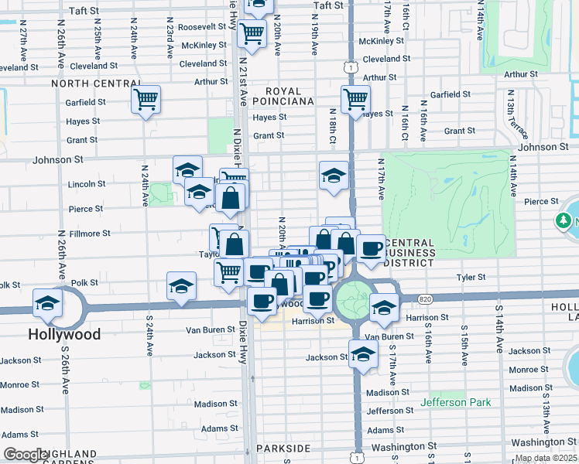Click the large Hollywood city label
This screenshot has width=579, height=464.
[x=64, y=335]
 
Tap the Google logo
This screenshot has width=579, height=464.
[x=26, y=455]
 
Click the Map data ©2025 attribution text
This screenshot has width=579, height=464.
[x=546, y=458]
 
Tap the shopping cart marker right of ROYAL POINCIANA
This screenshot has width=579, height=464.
[x=355, y=99]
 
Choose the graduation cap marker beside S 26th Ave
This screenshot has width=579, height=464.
[x=48, y=303]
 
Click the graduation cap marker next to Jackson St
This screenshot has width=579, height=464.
[x=362, y=355]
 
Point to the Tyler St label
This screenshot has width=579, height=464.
[x=471, y=277]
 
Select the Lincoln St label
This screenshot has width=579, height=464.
[x=87, y=184]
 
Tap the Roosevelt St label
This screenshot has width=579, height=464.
[x=201, y=26]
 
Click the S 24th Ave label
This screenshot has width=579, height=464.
[x=147, y=332]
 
